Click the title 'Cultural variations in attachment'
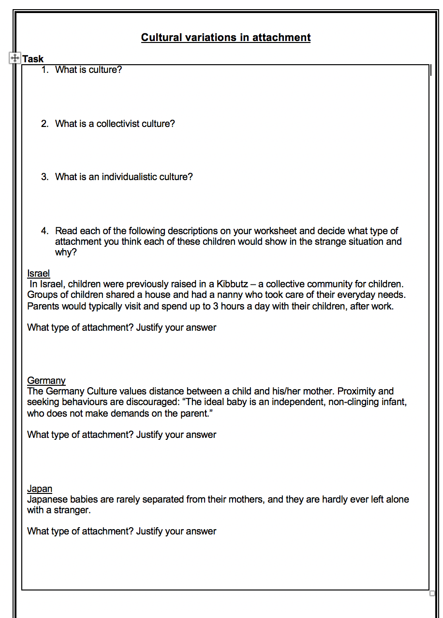[225, 38]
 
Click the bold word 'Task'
[33, 59]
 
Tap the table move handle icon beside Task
[15, 58]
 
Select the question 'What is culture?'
[89, 70]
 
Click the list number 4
[44, 231]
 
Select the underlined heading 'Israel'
[38, 274]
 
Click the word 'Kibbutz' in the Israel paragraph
[232, 284]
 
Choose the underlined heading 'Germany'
[46, 381]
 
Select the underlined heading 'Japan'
[40, 489]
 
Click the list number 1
[44, 70]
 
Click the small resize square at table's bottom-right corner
[432, 593]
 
